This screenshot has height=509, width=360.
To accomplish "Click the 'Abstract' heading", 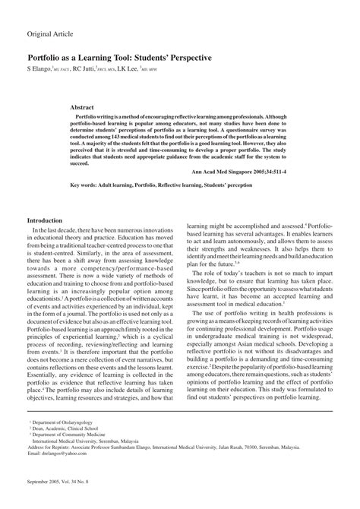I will pyautogui.click(x=103, y=109).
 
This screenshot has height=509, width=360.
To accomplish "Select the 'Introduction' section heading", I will pyautogui.click(x=47, y=220).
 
